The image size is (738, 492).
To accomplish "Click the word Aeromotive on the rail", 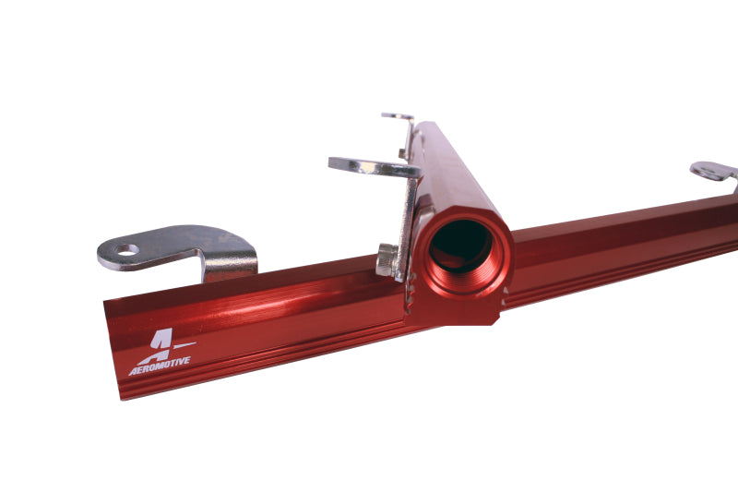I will point(160,363).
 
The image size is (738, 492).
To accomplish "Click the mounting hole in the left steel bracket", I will point(126,249).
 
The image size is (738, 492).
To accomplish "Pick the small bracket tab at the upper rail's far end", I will point(398,116).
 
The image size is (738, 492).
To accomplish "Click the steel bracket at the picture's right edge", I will point(714,172).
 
